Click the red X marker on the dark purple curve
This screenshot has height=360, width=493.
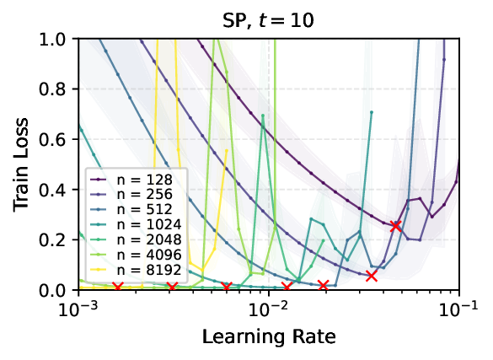396,225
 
